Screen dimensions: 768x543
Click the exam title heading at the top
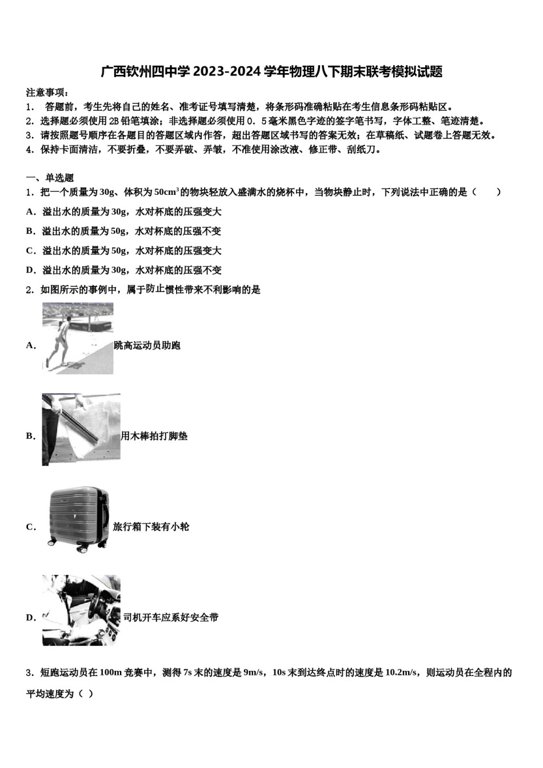coord(271,72)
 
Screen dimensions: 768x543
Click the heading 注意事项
coord(48,93)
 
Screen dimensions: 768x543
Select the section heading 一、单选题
coord(50,178)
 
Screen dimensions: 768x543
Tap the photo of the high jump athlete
coord(78,338)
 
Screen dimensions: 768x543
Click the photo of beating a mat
coord(81,429)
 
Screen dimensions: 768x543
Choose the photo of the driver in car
coord(81,610)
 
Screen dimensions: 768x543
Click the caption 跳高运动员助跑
coord(147,345)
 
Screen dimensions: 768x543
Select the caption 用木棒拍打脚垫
coord(154,436)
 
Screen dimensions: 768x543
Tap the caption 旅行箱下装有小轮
coord(151,527)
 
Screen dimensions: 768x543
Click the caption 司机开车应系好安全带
coord(170,617)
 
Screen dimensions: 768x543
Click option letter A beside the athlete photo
coord(31,345)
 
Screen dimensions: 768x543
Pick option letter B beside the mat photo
coord(31,436)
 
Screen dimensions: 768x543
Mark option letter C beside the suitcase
coord(31,527)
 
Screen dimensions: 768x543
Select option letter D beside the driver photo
coord(31,617)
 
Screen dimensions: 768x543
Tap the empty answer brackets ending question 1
coord(486,192)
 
